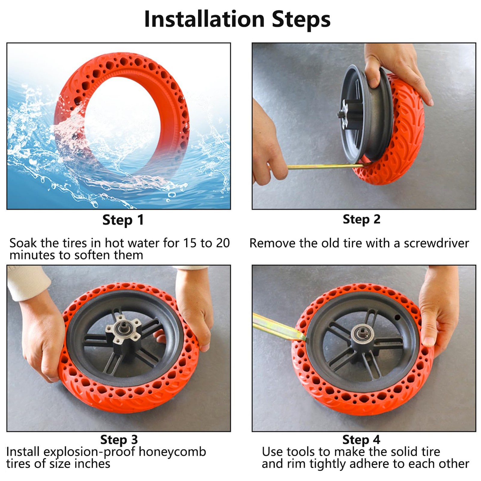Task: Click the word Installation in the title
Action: tap(204, 19)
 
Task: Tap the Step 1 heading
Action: tap(123, 220)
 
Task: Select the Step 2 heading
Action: tap(362, 219)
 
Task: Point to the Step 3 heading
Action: tap(119, 440)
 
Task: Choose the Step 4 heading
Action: tap(361, 440)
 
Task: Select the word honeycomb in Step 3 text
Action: tap(172, 452)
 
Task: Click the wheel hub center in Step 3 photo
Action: tap(124, 330)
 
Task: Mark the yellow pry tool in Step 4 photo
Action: tap(278, 328)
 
